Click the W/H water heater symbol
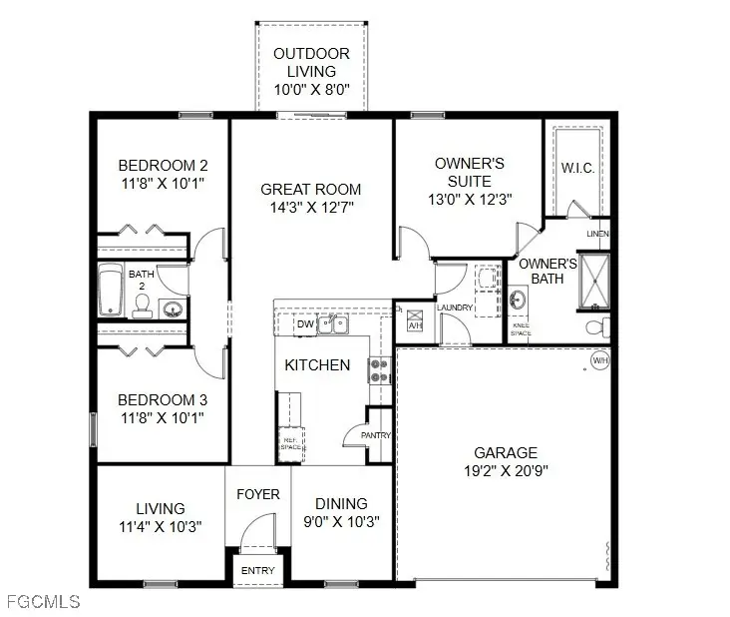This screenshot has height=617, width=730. tap(599, 359)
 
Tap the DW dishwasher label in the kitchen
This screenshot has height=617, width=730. tap(305, 324)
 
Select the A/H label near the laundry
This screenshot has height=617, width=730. tap(416, 324)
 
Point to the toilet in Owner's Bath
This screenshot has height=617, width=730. tap(595, 325)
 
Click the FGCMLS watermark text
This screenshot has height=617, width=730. tap(42, 602)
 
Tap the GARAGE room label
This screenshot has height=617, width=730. tap(506, 452)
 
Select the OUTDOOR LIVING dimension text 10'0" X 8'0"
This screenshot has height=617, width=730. tap(311, 90)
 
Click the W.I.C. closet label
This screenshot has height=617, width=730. tap(577, 168)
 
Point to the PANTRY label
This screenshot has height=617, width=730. tap(377, 435)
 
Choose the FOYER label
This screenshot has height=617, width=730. tap(258, 494)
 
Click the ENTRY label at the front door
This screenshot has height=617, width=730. tap(258, 570)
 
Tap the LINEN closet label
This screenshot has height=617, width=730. tap(597, 234)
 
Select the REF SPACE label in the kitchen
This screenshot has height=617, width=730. tap(290, 442)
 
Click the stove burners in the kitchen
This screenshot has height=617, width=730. tap(380, 370)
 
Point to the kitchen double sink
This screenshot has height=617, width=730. tap(340, 323)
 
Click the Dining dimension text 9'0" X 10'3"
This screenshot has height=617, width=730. tap(341, 521)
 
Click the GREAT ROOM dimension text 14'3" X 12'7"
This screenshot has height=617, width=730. tap(310, 207)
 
